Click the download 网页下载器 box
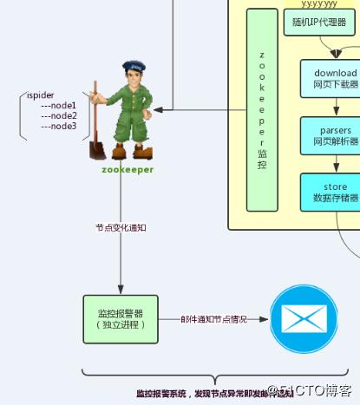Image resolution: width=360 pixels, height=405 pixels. click(329, 79)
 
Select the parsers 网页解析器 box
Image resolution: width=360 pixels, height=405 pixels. click(329, 135)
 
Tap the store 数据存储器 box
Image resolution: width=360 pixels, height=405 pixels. click(329, 192)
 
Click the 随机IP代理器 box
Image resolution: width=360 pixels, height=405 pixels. click(314, 23)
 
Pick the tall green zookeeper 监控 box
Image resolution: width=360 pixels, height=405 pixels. click(261, 110)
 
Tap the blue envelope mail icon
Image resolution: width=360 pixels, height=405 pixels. click(304, 318)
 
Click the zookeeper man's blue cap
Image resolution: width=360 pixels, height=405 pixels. click(132, 67)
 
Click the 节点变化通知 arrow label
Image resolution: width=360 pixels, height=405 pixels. click(120, 227)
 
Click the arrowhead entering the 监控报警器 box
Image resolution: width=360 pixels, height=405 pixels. click(120, 291)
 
